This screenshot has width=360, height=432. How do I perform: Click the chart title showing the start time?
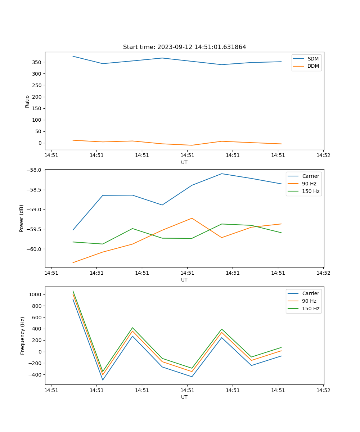pyautogui.click(x=184, y=47)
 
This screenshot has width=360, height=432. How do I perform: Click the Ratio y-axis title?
pyautogui.click(x=27, y=101)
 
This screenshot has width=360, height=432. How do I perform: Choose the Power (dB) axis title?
pyautogui.click(x=22, y=218)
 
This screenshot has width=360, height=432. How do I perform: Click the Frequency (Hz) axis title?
pyautogui.click(x=22, y=336)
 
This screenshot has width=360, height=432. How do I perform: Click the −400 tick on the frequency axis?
pyautogui.click(x=35, y=375)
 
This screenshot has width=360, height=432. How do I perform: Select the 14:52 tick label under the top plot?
pyautogui.click(x=323, y=156)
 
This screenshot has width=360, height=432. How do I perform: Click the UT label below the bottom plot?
pyautogui.click(x=184, y=397)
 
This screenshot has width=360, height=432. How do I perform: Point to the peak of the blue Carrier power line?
pyautogui.click(x=222, y=174)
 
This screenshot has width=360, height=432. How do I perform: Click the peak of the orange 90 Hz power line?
pyautogui.click(x=192, y=218)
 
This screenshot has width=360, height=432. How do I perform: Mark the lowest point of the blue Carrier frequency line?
pyautogui.click(x=103, y=380)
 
